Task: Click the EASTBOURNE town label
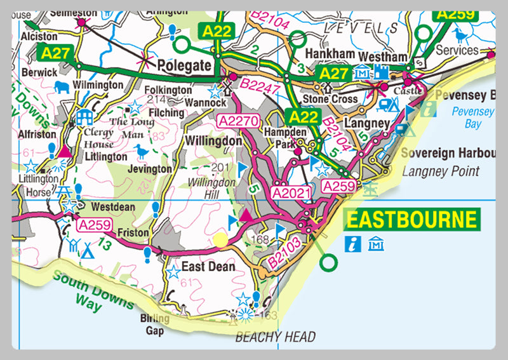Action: [x=410, y=220]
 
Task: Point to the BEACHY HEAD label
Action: [x=275, y=337]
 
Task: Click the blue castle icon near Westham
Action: [x=380, y=71]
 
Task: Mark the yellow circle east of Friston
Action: [x=220, y=239]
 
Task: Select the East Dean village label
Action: [x=208, y=267]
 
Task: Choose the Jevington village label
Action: [x=150, y=170]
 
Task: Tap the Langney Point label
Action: [x=441, y=171]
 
